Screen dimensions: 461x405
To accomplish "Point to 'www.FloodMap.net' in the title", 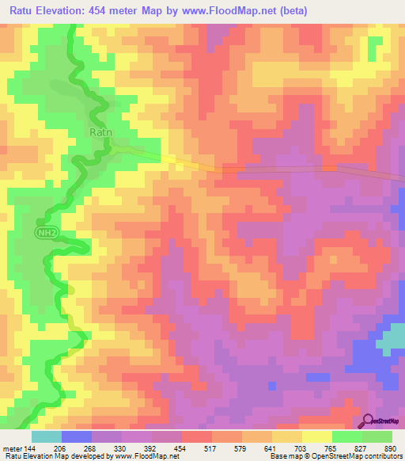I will click(224, 10).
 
